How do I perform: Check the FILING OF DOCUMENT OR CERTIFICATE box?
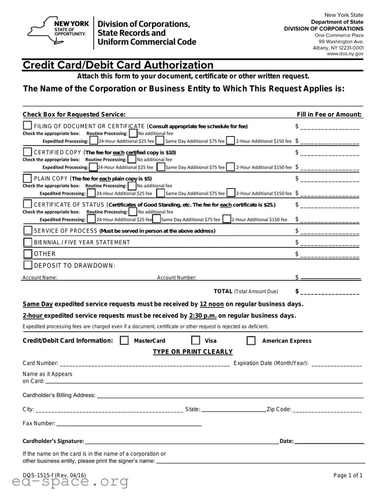click(27, 126)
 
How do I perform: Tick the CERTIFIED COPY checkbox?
click(27, 152)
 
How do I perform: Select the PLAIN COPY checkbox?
click(27, 179)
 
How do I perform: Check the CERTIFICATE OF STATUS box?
click(27, 204)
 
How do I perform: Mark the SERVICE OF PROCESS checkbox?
click(28, 230)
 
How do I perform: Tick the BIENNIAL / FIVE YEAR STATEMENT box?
click(28, 242)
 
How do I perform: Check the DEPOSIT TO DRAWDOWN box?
click(28, 265)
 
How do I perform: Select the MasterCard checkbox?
click(124, 341)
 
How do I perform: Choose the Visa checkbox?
click(196, 341)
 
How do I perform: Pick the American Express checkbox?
click(251, 341)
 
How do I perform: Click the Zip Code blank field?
click(328, 410)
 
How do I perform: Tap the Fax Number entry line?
click(129, 424)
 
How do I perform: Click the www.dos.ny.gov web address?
click(345, 54)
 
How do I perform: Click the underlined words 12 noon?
click(212, 304)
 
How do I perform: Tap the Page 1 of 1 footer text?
click(348, 475)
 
